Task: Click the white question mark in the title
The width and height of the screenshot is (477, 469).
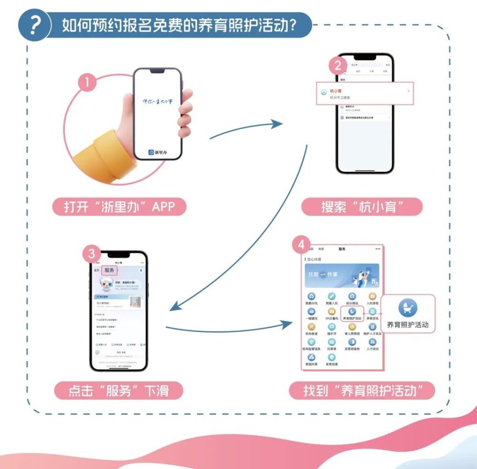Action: (34, 26)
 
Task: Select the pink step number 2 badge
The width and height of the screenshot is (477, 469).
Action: (338, 65)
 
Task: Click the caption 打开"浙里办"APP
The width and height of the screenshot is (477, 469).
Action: (119, 207)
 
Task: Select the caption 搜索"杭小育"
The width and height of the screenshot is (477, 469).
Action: (362, 207)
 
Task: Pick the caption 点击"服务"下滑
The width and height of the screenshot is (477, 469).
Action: (119, 391)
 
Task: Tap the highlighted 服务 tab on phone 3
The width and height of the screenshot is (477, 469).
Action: (109, 270)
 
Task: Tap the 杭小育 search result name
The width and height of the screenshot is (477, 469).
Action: (336, 91)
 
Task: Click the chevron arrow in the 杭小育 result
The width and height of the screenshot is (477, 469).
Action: (409, 91)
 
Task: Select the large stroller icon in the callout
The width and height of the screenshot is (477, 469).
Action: (408, 308)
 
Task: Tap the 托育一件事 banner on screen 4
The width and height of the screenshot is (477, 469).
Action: (342, 276)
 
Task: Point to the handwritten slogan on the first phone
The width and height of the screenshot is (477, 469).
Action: (157, 102)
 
